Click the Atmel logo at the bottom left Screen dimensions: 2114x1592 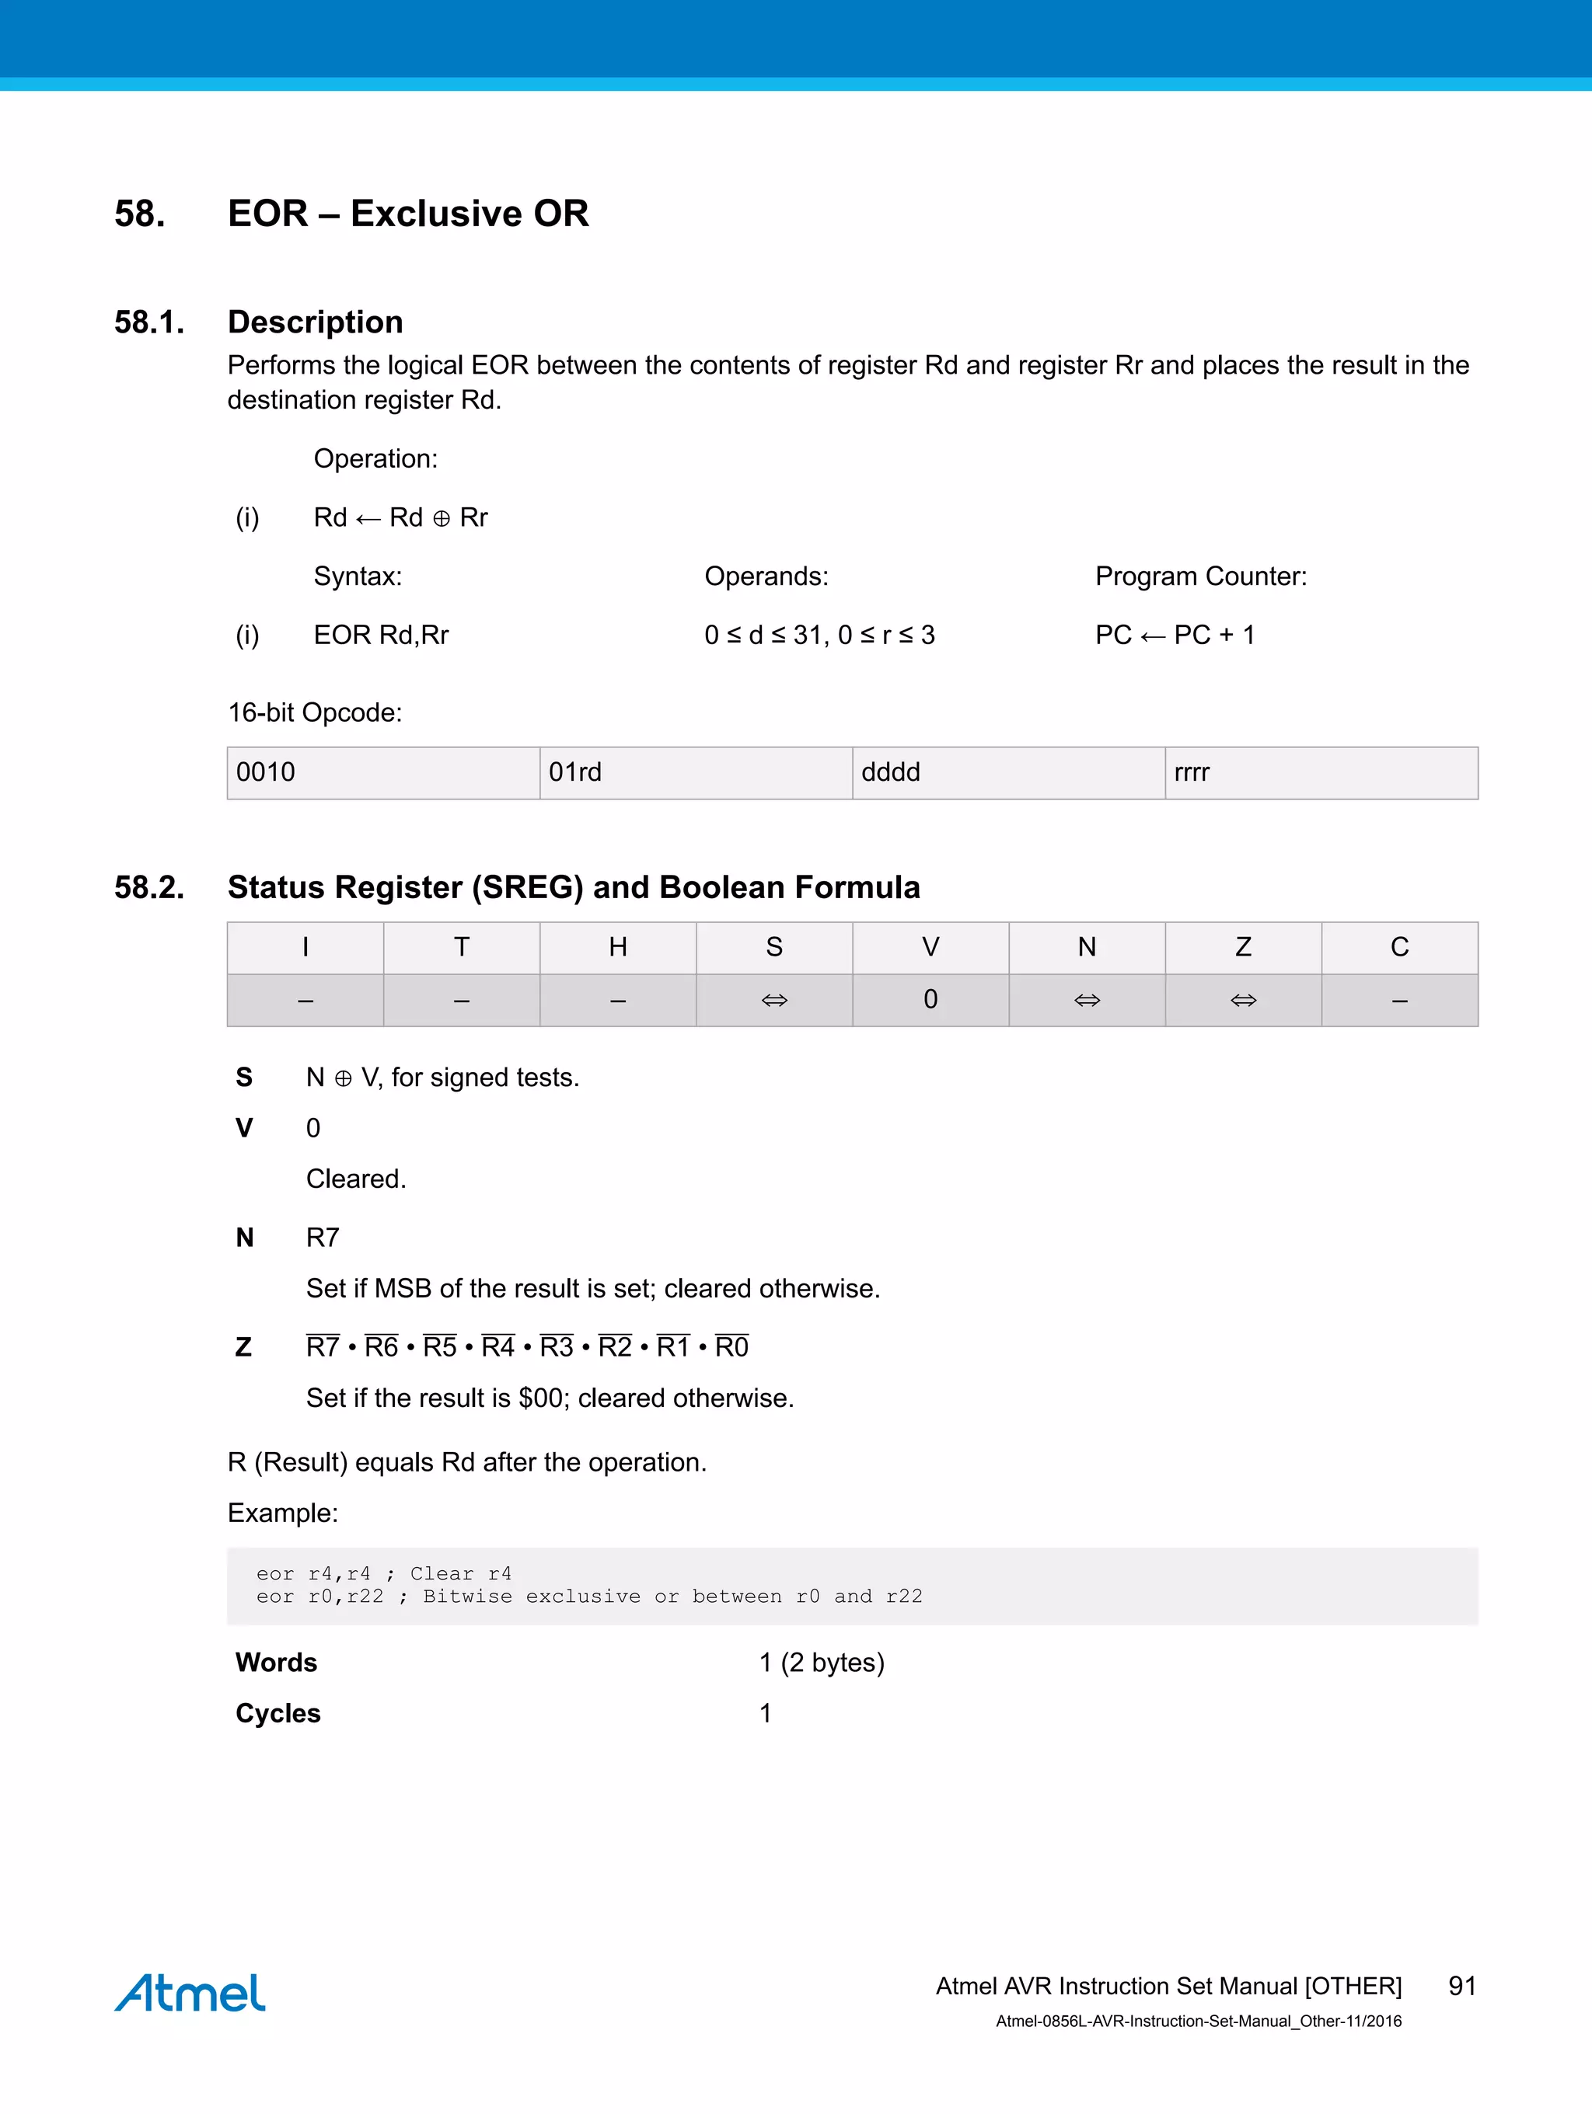pos(190,1993)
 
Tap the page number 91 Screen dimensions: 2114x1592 pos(1462,1986)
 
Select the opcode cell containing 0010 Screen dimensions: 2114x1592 pos(383,772)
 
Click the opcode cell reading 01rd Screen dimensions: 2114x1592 pos(695,772)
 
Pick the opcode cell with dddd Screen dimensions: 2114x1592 pos(1007,772)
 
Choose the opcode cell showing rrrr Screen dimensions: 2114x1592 pos(1321,772)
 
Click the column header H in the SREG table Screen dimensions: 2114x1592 pos(618,947)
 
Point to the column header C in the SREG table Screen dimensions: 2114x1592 pos(1400,947)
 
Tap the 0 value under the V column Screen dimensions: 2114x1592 pos(930,1000)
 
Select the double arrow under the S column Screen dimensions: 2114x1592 pos(774,1001)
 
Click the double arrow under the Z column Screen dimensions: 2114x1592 pos(1243,1001)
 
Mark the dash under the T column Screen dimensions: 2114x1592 pos(462,1001)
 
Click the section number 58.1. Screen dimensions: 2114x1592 pos(149,322)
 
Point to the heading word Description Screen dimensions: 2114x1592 pos(315,322)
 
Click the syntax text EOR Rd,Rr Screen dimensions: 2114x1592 pos(381,635)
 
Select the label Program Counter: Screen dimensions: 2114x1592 pos(1200,576)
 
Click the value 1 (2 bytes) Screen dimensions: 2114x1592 pos(822,1662)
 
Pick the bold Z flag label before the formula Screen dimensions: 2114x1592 pos(244,1347)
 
